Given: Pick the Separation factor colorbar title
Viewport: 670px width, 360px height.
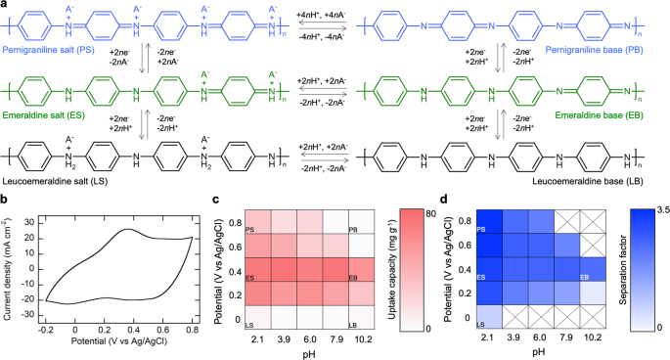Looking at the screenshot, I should pos(640,271).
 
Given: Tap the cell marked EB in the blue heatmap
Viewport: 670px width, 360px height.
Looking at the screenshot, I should pos(606,273).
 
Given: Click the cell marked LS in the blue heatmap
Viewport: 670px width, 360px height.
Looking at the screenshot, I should pos(488,318).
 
